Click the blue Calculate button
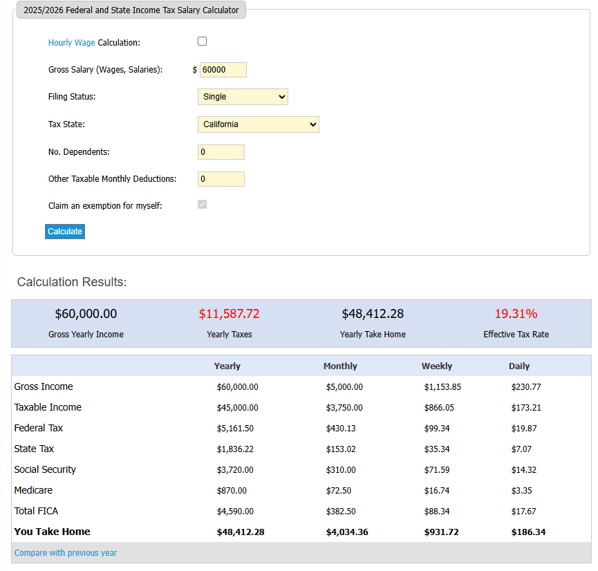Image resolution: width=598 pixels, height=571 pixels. (x=65, y=232)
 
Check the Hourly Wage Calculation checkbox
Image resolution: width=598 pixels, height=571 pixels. (x=203, y=41)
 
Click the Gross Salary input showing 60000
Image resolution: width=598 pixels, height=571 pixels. (x=223, y=70)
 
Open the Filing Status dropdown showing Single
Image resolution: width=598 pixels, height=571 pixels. (x=243, y=97)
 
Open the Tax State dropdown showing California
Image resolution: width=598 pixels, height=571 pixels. (x=258, y=124)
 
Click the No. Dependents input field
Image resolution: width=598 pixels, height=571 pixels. (x=221, y=152)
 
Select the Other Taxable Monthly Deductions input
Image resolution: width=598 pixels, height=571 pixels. (x=221, y=179)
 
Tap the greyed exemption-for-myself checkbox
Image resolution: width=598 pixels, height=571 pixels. (x=203, y=205)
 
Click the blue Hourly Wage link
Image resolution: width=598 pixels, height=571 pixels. (x=71, y=43)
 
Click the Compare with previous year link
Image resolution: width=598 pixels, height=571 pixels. (x=66, y=553)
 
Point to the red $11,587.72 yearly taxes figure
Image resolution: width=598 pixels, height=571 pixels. (x=229, y=314)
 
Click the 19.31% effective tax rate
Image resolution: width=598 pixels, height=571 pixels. (x=516, y=314)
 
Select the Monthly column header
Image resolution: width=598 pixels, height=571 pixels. (x=340, y=366)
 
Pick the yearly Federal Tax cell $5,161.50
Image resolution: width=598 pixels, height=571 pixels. (x=235, y=429)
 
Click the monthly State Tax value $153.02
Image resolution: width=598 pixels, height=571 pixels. (x=341, y=449)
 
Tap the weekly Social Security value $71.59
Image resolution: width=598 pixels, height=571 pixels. (x=436, y=470)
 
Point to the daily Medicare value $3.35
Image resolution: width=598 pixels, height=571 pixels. (x=521, y=491)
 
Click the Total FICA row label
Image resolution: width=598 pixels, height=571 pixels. (x=36, y=511)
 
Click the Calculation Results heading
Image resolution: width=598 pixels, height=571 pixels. (x=72, y=282)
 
